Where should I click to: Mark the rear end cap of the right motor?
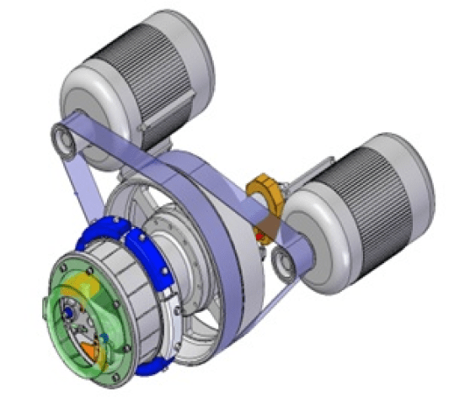pos(414,168)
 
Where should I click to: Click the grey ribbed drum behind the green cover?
pos(126,277)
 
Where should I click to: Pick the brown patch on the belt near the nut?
pos(267,223)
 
